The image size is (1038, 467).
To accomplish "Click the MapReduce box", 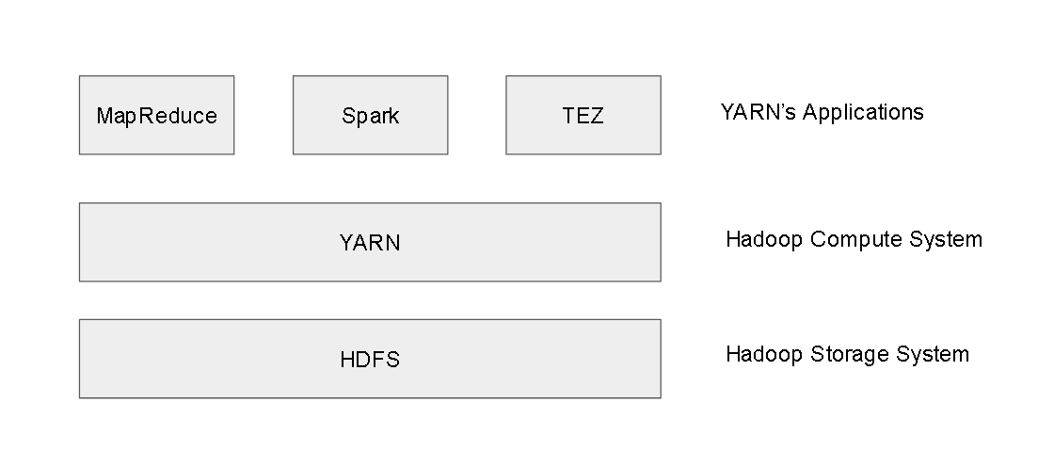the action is point(157,115).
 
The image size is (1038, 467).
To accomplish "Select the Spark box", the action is point(371,115).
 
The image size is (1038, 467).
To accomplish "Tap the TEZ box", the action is point(583,115).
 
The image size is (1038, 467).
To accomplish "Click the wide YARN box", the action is point(370,242).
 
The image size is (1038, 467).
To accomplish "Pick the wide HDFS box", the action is point(370,359).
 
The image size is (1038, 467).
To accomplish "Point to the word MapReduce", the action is point(157,117).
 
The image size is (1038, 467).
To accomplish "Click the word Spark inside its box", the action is point(371,117).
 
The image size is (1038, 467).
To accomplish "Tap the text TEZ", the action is point(583,116).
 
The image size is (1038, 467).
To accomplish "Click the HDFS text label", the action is point(370,360).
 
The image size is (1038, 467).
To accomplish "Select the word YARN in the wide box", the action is point(370,243).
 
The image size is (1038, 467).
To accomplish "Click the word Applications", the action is point(863,113).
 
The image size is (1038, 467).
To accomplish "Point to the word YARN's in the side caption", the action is point(758,112).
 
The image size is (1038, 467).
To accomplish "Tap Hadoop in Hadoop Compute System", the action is point(764,240).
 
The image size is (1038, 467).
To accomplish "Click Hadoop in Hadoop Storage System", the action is point(764,354).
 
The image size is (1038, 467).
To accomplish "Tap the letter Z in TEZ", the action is point(597,116).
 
